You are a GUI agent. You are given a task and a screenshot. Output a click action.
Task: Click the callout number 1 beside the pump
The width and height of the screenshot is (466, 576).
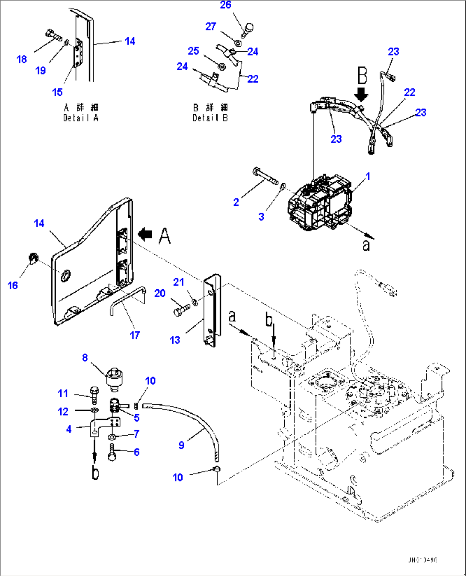pyautogui.click(x=368, y=176)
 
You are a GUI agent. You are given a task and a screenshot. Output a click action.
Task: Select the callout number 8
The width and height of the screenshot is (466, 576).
pyautogui.click(x=85, y=358)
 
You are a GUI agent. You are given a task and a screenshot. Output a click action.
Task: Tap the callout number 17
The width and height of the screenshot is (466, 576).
pyautogui.click(x=135, y=336)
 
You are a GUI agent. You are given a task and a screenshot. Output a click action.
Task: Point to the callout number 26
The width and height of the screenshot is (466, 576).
pyautogui.click(x=225, y=5)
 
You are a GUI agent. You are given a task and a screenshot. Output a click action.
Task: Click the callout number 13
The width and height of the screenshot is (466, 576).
pyautogui.click(x=175, y=340)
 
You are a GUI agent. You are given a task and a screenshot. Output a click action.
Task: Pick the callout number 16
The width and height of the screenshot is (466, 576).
pyautogui.click(x=13, y=285)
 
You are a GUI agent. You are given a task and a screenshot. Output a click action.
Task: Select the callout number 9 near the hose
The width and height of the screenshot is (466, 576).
pyautogui.click(x=181, y=445)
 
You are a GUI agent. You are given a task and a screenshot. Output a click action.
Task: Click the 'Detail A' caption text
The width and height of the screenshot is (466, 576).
pyautogui.click(x=81, y=118)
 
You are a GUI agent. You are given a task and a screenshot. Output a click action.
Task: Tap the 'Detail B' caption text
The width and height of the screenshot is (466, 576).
pyautogui.click(x=210, y=118)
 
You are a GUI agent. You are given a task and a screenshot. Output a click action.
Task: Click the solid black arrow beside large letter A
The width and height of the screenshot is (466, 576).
pyautogui.click(x=145, y=234)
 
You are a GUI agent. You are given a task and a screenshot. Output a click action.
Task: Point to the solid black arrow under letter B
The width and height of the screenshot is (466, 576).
pyautogui.click(x=362, y=94)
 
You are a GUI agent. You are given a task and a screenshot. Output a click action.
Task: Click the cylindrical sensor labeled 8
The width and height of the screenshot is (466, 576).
pyautogui.click(x=115, y=378)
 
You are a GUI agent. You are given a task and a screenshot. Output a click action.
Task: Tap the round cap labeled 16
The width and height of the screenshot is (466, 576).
pyautogui.click(x=33, y=258)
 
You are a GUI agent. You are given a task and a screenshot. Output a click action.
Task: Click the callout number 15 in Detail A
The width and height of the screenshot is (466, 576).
pyautogui.click(x=57, y=92)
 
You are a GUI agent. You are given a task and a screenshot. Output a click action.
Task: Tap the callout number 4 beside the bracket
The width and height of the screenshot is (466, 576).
pyautogui.click(x=69, y=429)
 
